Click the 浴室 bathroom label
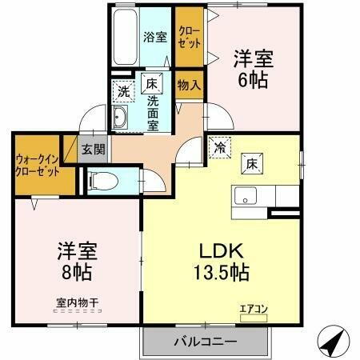(x=154, y=36)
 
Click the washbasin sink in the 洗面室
(x=122, y=120)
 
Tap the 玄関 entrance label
(x=93, y=148)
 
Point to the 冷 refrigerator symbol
(x=218, y=148)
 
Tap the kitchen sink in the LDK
(x=245, y=194)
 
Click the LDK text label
(x=216, y=249)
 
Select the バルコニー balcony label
(x=205, y=342)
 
